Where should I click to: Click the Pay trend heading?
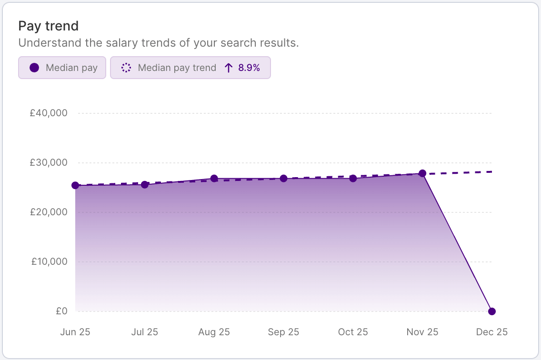click(48, 26)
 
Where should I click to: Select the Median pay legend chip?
click(62, 68)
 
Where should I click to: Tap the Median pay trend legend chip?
click(190, 68)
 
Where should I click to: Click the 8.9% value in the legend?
click(249, 68)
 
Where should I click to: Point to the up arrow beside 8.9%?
click(229, 68)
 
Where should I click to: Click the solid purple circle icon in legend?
click(34, 68)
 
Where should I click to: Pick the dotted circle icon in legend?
click(126, 68)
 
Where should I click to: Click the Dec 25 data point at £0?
click(492, 311)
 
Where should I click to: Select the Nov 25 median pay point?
click(422, 173)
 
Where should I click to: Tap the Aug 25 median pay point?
click(214, 179)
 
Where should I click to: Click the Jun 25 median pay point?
click(75, 185)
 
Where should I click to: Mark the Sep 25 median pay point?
click(284, 179)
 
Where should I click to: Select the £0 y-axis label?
click(61, 311)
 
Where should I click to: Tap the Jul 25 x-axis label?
click(145, 332)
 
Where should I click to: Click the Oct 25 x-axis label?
click(353, 332)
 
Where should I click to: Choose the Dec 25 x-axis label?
click(492, 332)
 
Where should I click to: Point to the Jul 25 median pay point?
click(145, 184)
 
